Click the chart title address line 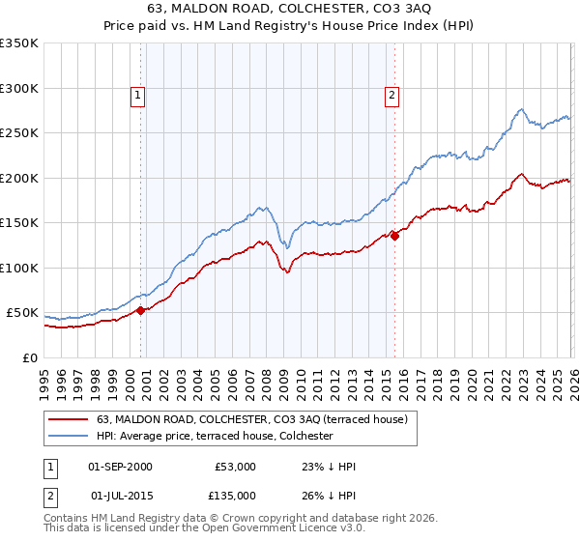[x=290, y=10]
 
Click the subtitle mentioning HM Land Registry [x=290, y=27]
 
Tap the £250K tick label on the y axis [x=19, y=133]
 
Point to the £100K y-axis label [x=19, y=268]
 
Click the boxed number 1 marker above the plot [x=138, y=95]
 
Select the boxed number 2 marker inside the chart [x=391, y=95]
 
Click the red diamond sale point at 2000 [x=140, y=310]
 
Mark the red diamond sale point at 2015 [x=394, y=235]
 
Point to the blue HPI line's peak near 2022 [x=520, y=109]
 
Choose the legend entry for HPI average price [x=214, y=436]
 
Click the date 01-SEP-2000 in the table [x=120, y=467]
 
